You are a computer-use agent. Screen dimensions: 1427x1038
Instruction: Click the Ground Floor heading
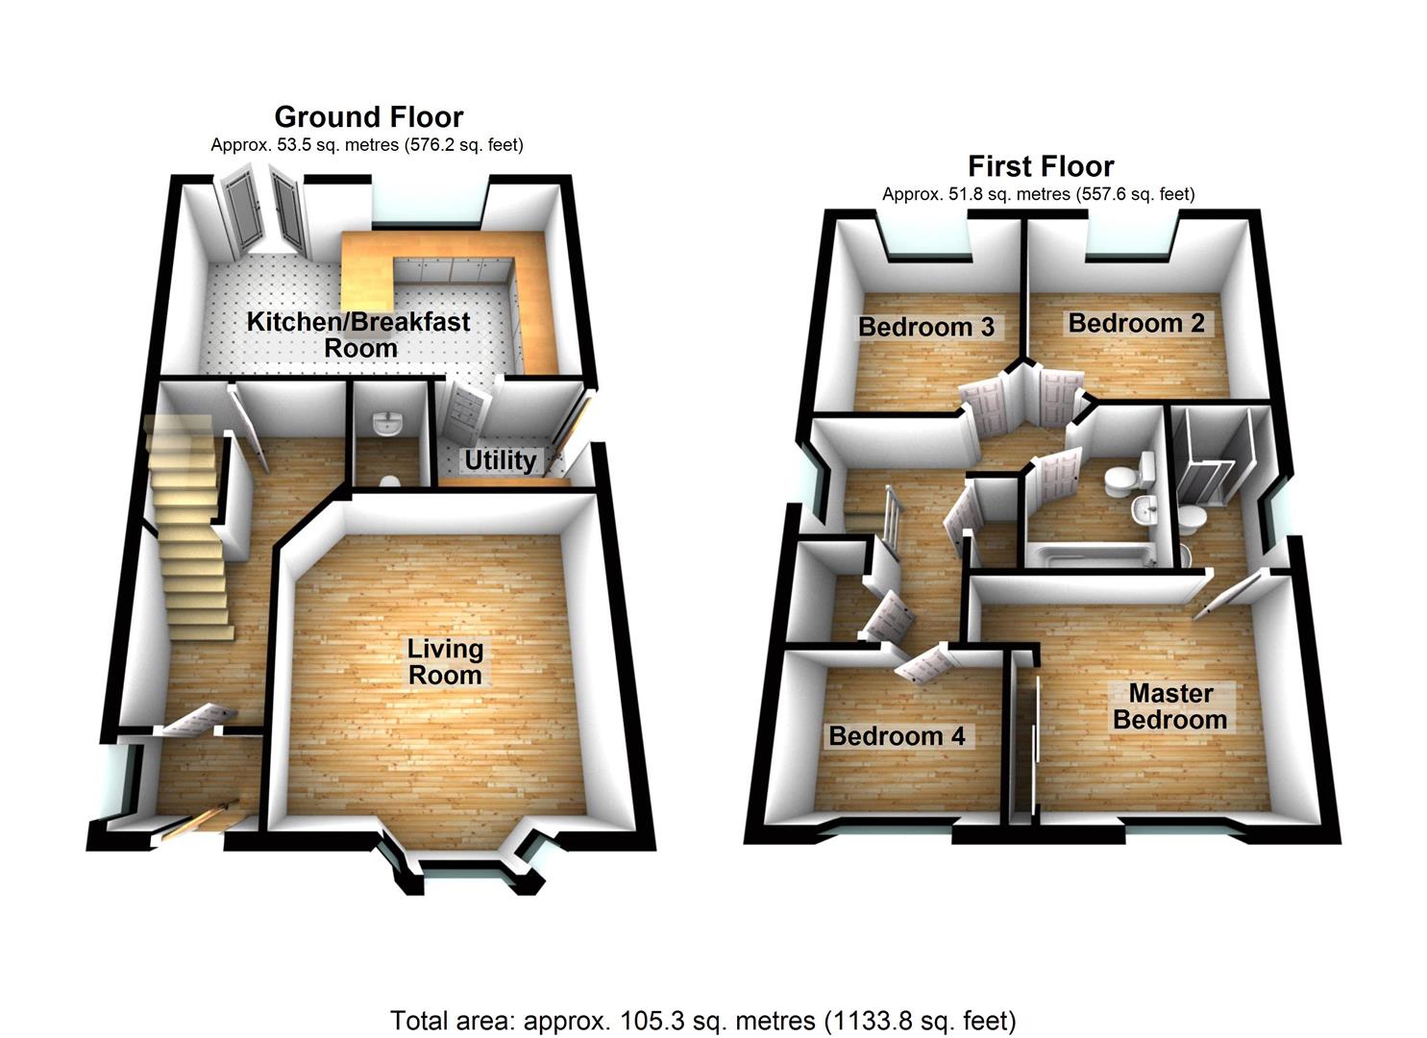(369, 117)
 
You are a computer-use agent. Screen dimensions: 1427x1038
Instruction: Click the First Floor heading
(1041, 166)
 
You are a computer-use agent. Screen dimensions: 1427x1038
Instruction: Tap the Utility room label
(500, 460)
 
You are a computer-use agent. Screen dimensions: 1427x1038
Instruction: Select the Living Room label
(445, 662)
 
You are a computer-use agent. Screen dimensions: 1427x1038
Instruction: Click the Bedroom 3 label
(926, 327)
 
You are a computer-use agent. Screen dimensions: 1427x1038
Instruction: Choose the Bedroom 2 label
(1137, 323)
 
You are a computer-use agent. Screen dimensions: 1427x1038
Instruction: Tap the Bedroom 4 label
(897, 736)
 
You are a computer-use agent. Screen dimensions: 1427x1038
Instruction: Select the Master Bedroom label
(1169, 706)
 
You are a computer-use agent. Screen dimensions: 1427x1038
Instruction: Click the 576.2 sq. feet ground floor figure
(463, 145)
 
